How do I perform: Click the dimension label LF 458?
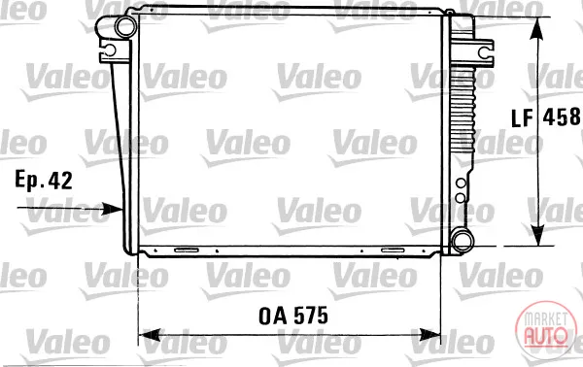click(546, 117)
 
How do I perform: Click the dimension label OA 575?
click(293, 317)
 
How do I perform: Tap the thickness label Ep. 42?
click(44, 181)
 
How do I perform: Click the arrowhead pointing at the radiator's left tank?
click(113, 209)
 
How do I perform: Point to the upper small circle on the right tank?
click(461, 183)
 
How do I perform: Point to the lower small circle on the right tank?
click(461, 198)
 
